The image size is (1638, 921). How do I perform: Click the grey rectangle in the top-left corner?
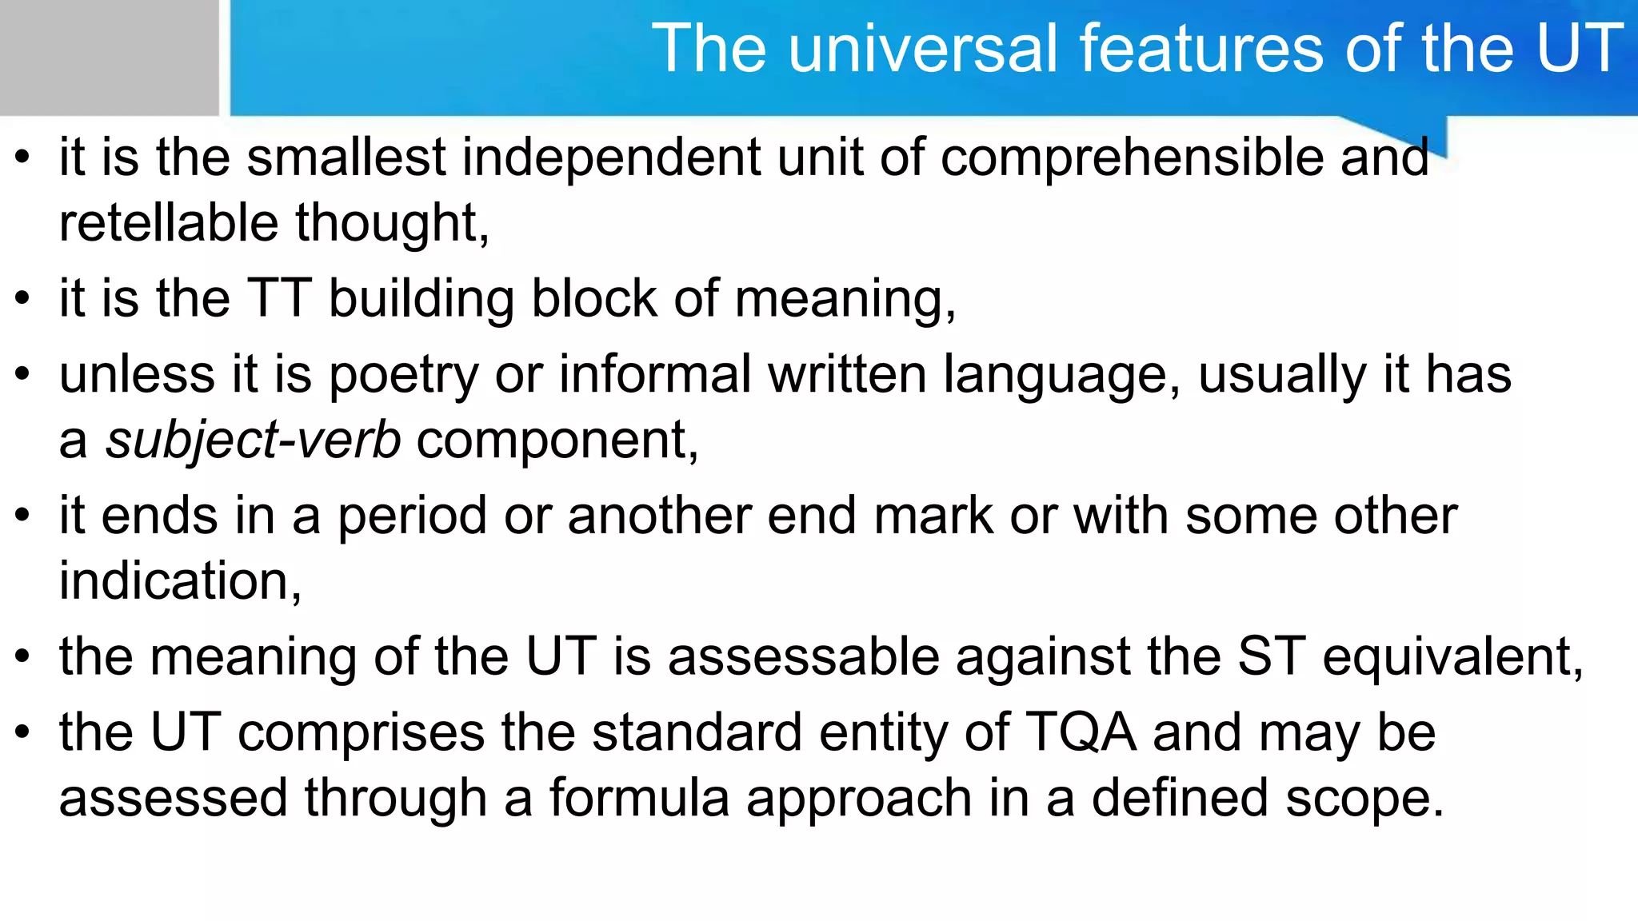click(x=109, y=58)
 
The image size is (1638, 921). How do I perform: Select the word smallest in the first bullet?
click(x=346, y=157)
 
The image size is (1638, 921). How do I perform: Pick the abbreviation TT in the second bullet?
click(x=278, y=298)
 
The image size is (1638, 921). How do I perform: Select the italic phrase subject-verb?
click(x=253, y=441)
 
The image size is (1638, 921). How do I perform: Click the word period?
click(x=412, y=516)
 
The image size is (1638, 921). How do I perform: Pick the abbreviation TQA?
click(x=1081, y=732)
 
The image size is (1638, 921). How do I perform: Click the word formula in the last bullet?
click(x=639, y=798)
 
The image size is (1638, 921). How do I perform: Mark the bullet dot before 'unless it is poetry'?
click(x=22, y=374)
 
